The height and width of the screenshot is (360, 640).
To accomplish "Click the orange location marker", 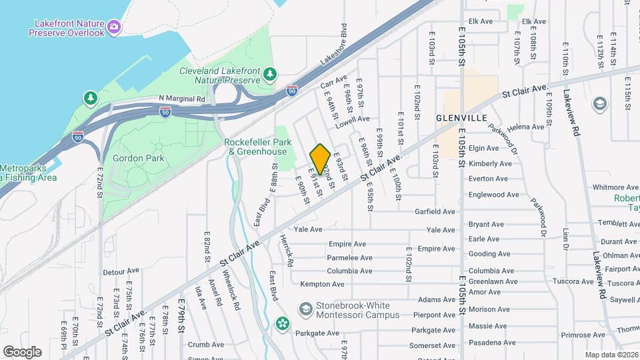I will (x=320, y=159).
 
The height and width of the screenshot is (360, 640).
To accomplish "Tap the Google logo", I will (x=22, y=351).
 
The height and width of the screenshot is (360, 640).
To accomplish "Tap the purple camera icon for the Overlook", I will (x=115, y=27).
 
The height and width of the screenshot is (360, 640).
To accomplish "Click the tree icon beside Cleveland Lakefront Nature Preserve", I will (x=270, y=74).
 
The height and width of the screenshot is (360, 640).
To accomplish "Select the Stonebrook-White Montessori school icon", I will (x=305, y=309).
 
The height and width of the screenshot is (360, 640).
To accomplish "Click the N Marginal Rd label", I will (x=181, y=98).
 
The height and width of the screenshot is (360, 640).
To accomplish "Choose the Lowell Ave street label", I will (x=353, y=119).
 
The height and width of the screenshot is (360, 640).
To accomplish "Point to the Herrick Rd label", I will (x=286, y=251).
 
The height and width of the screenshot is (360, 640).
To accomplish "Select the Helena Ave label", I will (x=525, y=127).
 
